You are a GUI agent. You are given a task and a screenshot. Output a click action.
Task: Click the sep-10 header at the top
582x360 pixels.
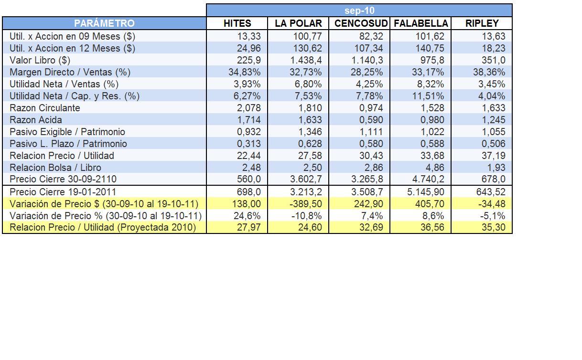359,11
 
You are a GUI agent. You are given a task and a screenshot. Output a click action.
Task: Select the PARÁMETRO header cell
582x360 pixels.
104,23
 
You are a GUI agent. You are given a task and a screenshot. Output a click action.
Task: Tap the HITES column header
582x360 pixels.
237,23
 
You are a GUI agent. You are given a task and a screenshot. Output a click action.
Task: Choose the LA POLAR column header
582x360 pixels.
298,23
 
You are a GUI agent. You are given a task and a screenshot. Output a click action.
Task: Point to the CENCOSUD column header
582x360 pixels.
359,23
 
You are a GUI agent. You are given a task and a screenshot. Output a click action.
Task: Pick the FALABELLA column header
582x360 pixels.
420,23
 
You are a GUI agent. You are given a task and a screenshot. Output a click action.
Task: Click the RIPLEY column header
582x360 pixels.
482,23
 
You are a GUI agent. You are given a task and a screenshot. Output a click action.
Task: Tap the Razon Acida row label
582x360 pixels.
36,120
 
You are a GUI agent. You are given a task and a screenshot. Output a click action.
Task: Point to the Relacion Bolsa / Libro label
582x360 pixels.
55,168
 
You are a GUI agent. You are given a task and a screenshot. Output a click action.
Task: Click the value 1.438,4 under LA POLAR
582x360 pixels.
306,60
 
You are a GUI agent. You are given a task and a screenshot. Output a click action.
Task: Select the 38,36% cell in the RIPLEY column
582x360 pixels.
489,72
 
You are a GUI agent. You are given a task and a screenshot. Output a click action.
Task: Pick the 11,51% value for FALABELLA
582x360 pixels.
428,96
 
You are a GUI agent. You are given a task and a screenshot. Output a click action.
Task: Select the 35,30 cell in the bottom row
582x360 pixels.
493,227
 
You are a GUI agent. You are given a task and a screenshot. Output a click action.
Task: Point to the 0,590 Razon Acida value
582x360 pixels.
371,120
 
